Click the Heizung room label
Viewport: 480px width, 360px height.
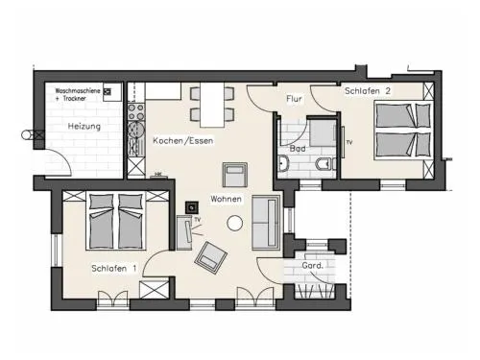click(x=84, y=127)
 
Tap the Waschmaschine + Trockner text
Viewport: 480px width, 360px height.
click(x=78, y=94)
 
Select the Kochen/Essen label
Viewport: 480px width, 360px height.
click(x=182, y=140)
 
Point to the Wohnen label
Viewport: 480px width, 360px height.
click(x=226, y=199)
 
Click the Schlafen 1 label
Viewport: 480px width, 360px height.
click(x=114, y=268)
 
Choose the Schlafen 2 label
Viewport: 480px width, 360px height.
click(x=368, y=91)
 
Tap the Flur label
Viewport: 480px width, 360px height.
click(x=294, y=99)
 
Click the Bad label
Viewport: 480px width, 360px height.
click(x=298, y=149)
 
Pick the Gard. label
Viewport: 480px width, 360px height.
click(x=313, y=265)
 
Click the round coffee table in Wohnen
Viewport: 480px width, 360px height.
click(x=234, y=223)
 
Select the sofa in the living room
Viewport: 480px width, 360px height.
click(x=266, y=223)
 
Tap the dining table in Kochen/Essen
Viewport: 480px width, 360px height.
click(x=212, y=105)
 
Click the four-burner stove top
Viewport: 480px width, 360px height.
click(x=136, y=111)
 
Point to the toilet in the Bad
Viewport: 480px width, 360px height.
click(x=325, y=164)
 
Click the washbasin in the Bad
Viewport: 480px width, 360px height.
click(x=283, y=163)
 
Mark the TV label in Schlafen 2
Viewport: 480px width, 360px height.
click(x=349, y=142)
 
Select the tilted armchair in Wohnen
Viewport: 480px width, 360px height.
click(x=210, y=257)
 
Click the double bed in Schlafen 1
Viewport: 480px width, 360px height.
click(x=116, y=221)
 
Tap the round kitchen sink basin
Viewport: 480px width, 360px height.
click(x=136, y=129)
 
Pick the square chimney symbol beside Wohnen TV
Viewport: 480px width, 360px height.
click(x=192, y=208)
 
